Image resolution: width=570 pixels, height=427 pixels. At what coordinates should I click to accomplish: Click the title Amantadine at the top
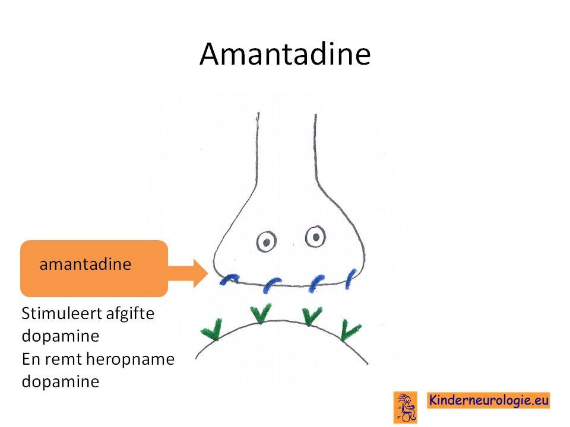pos(285,54)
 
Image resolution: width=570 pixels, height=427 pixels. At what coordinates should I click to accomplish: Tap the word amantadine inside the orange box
pos(85,264)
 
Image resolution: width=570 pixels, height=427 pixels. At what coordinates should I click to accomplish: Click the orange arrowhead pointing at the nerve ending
pos(199,273)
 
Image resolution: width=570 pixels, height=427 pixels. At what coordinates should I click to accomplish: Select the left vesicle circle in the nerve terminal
pos(267,241)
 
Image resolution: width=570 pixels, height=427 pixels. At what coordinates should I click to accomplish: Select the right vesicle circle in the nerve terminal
pos(315,237)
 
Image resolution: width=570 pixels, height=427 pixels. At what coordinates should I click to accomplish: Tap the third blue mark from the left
pos(316,283)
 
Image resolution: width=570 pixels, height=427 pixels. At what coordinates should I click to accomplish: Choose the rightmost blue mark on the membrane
pos(351,279)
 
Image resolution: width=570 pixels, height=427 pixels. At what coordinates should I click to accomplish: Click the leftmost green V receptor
pos(213,330)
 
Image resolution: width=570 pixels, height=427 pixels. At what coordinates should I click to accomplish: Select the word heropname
pos(131,360)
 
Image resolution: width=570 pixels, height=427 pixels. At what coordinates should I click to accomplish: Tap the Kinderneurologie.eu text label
pos(488,400)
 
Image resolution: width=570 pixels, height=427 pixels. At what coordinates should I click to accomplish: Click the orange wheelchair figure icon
pos(406,407)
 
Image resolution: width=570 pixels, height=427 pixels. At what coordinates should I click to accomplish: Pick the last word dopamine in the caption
pos(61,382)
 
